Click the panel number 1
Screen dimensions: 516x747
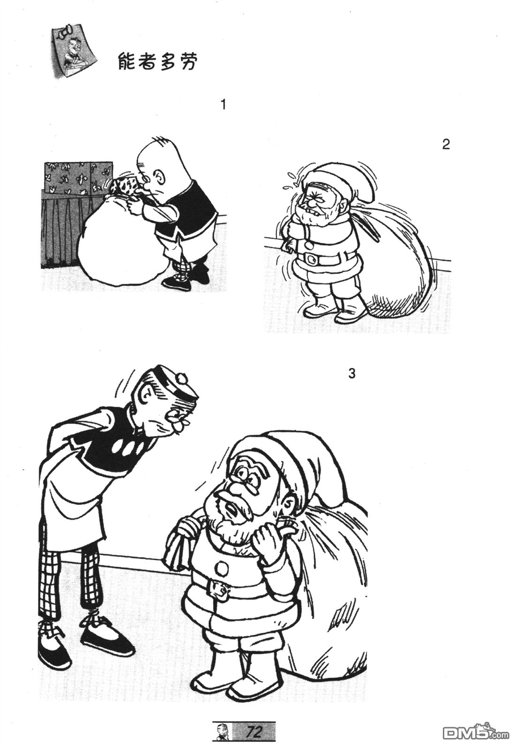click(x=223, y=105)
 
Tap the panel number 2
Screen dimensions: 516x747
click(x=446, y=144)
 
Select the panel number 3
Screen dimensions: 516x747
click(x=352, y=374)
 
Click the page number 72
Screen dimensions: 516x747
click(x=254, y=731)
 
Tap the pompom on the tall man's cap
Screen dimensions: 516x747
click(x=182, y=378)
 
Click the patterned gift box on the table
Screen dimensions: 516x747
click(x=78, y=177)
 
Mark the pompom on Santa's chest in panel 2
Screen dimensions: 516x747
click(x=310, y=245)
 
